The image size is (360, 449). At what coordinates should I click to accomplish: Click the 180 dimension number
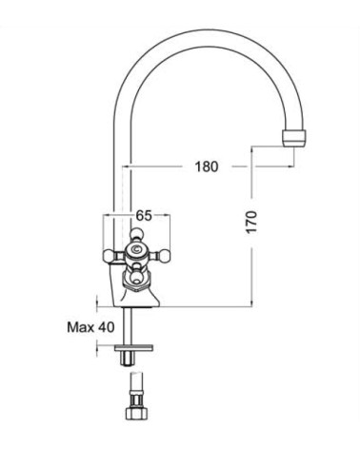(x=207, y=166)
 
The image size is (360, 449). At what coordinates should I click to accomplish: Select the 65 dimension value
(x=144, y=216)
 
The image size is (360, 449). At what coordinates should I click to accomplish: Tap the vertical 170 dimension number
(x=251, y=222)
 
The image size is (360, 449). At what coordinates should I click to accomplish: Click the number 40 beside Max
(x=106, y=327)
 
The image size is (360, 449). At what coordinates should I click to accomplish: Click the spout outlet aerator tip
(x=295, y=138)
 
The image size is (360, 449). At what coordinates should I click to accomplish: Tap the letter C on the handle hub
(x=136, y=249)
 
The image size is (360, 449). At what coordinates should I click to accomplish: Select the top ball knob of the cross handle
(x=136, y=234)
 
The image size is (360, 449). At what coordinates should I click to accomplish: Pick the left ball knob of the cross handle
(x=109, y=256)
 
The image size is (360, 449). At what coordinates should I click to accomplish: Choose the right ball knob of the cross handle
(x=164, y=256)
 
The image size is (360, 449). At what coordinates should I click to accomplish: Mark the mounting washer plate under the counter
(x=134, y=347)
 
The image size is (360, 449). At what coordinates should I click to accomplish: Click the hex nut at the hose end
(x=137, y=413)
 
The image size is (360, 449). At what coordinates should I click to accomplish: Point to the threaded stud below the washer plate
(x=129, y=358)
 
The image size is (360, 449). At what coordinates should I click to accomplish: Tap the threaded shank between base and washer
(x=129, y=326)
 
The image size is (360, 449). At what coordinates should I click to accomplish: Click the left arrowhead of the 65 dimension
(x=107, y=215)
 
